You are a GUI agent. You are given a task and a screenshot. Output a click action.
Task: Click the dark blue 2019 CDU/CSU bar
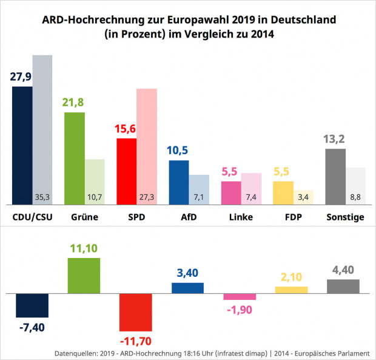[x=22, y=146]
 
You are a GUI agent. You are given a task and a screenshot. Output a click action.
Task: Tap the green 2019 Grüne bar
[x=74, y=158]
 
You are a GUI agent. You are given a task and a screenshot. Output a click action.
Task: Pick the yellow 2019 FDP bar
[x=283, y=193]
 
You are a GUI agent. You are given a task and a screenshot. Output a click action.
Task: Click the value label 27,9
[x=22, y=76]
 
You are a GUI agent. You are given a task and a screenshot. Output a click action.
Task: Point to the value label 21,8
[x=73, y=102]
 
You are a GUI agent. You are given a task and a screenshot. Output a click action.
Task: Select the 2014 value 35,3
[x=42, y=197]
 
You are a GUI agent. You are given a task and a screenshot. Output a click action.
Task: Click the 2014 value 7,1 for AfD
[x=199, y=197]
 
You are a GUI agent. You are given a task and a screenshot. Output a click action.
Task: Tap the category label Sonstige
[x=345, y=217]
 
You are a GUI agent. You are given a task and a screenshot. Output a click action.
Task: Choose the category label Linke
[x=242, y=217]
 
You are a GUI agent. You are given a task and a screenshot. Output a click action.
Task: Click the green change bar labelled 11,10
[x=84, y=276]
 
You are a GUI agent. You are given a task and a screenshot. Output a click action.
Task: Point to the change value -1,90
[x=240, y=309]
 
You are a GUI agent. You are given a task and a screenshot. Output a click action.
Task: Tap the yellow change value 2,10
[x=291, y=277]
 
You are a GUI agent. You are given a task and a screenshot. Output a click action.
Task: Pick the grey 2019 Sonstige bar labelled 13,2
[x=335, y=177]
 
